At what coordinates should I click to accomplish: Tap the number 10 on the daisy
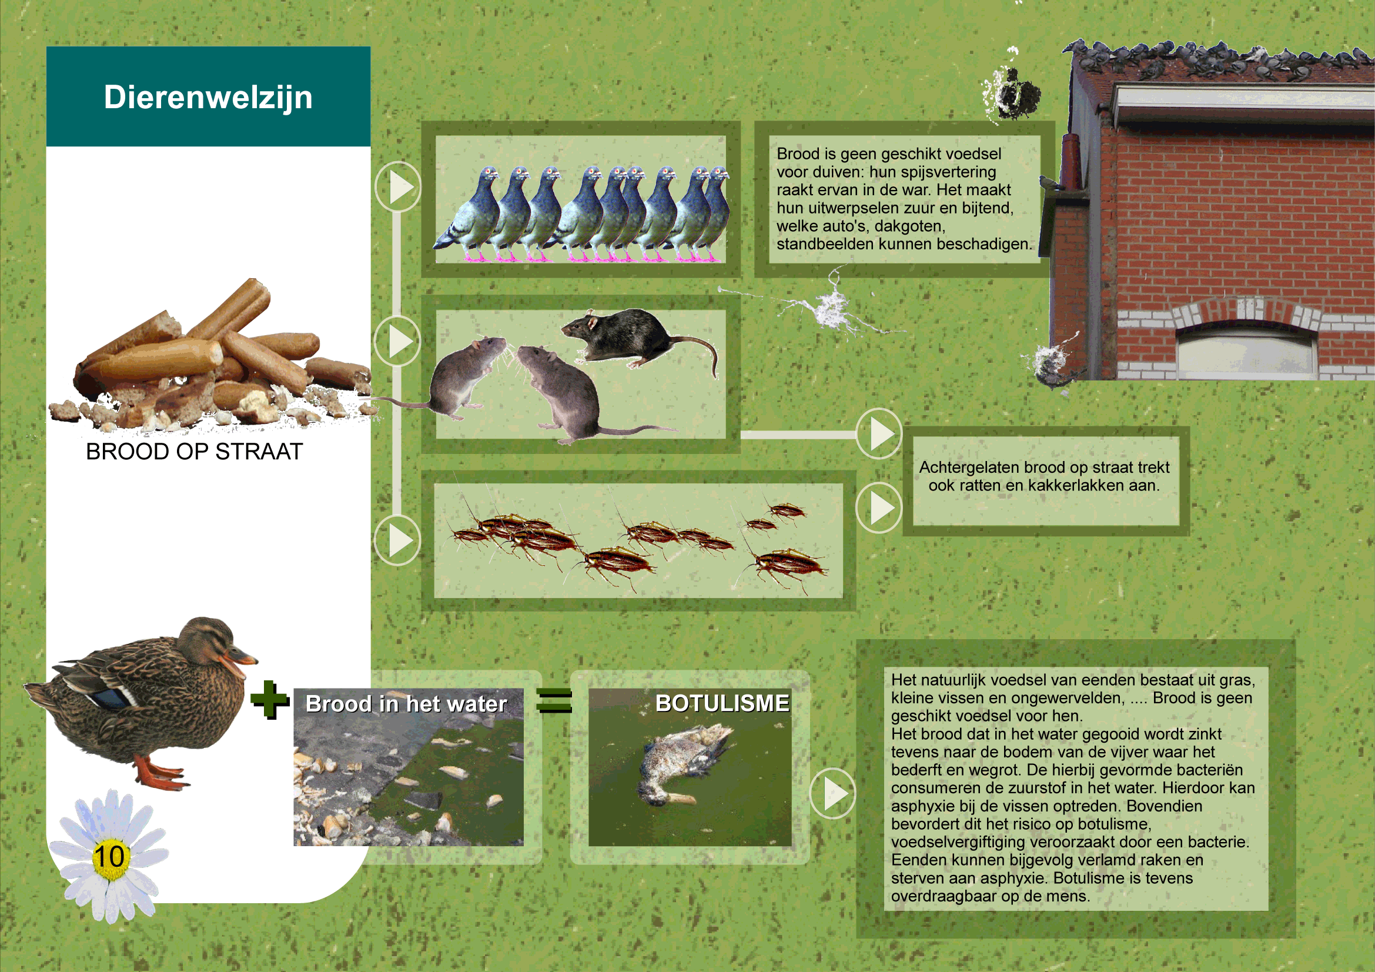tap(109, 856)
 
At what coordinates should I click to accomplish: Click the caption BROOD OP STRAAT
tap(194, 452)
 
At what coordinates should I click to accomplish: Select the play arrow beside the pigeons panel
tap(397, 186)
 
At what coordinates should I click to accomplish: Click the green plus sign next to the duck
tap(269, 700)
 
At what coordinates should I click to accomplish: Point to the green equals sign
tap(554, 701)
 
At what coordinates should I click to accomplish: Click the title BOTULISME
tap(722, 703)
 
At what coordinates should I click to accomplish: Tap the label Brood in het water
tap(406, 704)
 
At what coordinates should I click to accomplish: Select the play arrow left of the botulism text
tap(832, 793)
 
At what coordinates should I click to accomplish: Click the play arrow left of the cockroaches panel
tap(397, 540)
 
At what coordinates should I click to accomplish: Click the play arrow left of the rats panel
tap(397, 342)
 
